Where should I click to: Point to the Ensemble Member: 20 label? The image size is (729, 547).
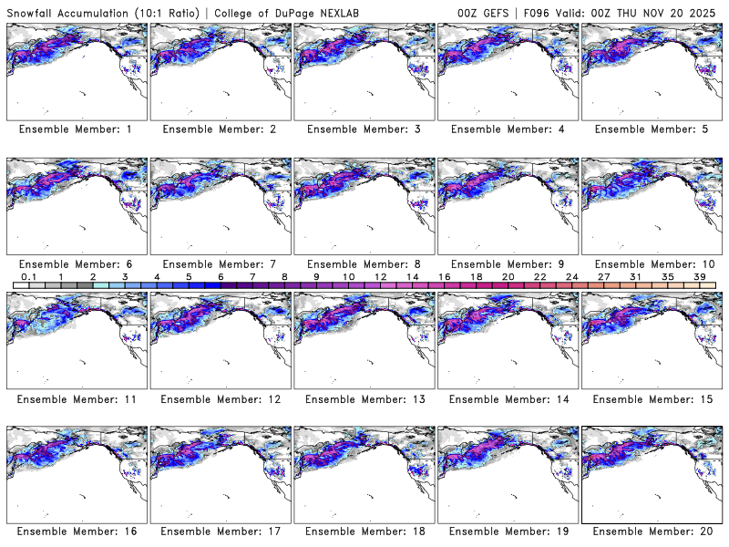[x=652, y=532]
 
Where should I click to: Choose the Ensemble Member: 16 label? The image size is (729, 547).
[x=78, y=532]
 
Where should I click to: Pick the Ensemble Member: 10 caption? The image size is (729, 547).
[x=652, y=264]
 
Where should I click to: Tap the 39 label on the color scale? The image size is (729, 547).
[x=699, y=276]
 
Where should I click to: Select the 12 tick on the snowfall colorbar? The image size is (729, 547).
[x=380, y=276]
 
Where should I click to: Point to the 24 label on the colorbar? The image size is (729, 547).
[x=571, y=276]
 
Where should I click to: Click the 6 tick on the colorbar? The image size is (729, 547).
[x=220, y=276]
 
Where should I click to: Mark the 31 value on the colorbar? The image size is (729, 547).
[x=635, y=276]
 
